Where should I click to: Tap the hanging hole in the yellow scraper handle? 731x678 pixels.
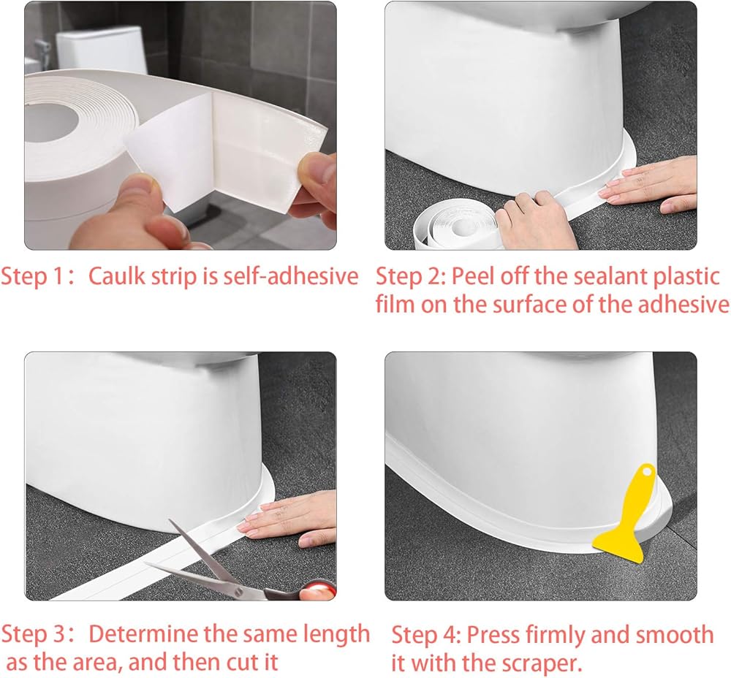(646, 471)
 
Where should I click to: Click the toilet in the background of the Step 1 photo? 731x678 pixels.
(100, 50)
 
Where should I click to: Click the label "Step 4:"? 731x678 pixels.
(426, 635)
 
